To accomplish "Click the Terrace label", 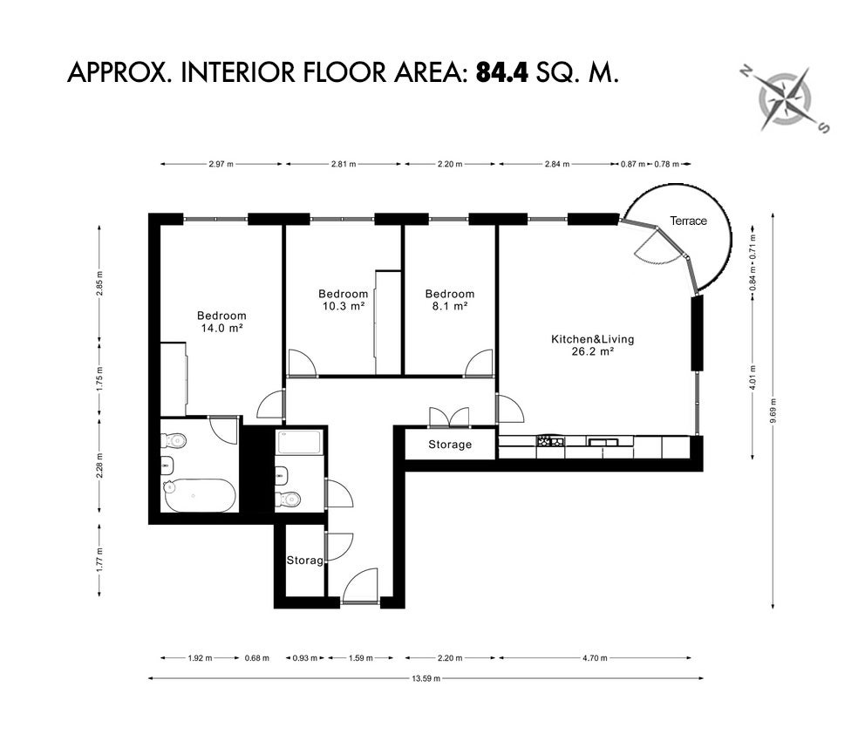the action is click(x=688, y=221).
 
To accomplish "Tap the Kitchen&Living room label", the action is click(x=592, y=339).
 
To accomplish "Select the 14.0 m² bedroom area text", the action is click(x=221, y=328).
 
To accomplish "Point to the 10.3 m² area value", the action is click(x=344, y=306).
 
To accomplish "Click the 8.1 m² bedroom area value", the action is click(x=450, y=306).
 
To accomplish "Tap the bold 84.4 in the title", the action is click(x=501, y=72).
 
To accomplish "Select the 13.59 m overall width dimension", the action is click(x=426, y=679).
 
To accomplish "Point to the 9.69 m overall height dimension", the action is click(x=773, y=411).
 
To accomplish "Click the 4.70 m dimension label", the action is click(x=595, y=658).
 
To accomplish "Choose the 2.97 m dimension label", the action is click(x=221, y=164).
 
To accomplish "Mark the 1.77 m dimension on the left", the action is click(x=100, y=560).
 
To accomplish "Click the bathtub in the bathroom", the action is click(x=199, y=495).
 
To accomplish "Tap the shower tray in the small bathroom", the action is click(x=300, y=443).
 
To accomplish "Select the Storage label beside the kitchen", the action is click(x=450, y=445).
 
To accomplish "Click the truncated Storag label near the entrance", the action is click(x=304, y=561).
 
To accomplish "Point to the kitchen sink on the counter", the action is click(x=603, y=441).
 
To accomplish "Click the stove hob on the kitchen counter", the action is click(x=550, y=440).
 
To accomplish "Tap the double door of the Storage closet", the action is click(x=450, y=418).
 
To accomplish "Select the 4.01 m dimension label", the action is click(x=753, y=377).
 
